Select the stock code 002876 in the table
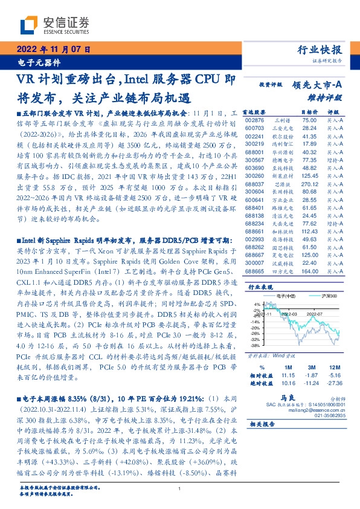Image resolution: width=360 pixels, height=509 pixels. (256, 120)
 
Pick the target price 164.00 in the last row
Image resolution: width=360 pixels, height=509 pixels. (309, 271)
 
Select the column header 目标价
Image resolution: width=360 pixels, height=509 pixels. (309, 112)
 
